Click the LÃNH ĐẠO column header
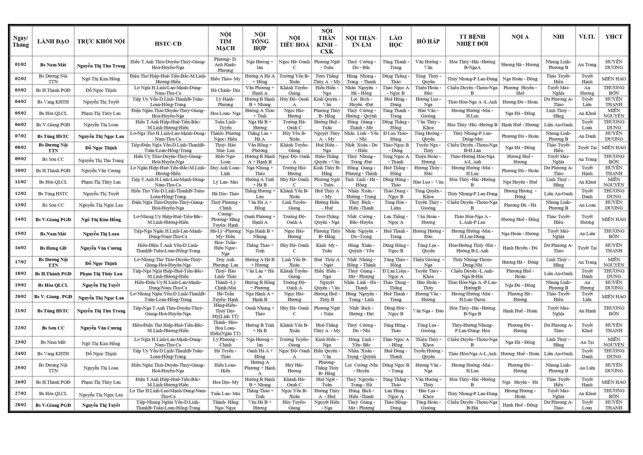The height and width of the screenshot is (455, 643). coord(53,41)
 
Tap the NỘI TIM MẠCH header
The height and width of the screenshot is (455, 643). coord(225,41)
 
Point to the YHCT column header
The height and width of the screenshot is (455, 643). coord(614,37)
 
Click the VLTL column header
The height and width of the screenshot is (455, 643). coord(587,37)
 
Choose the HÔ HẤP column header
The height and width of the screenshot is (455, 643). coord(428,41)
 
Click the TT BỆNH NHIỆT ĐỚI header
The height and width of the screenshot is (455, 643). coord(472,41)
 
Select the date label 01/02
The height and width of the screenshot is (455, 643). coord(20,65)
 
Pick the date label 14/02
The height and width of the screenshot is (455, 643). coord(20,219)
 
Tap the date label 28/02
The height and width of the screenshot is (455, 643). coord(20,405)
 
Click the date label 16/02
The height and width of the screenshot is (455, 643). coord(20,248)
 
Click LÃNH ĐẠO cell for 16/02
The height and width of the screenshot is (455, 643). coord(53,248)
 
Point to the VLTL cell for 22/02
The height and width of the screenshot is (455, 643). coord(587,328)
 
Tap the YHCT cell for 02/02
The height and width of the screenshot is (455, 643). coord(614,79)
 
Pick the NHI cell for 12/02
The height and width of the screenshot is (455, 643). coord(558,194)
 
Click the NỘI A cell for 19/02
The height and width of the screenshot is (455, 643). coord(520,285)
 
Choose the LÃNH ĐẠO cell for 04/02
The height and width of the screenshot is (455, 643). coord(53,102)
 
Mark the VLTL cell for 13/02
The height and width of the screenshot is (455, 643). coord(587,205)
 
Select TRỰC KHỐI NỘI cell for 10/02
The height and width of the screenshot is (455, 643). coord(101,171)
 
